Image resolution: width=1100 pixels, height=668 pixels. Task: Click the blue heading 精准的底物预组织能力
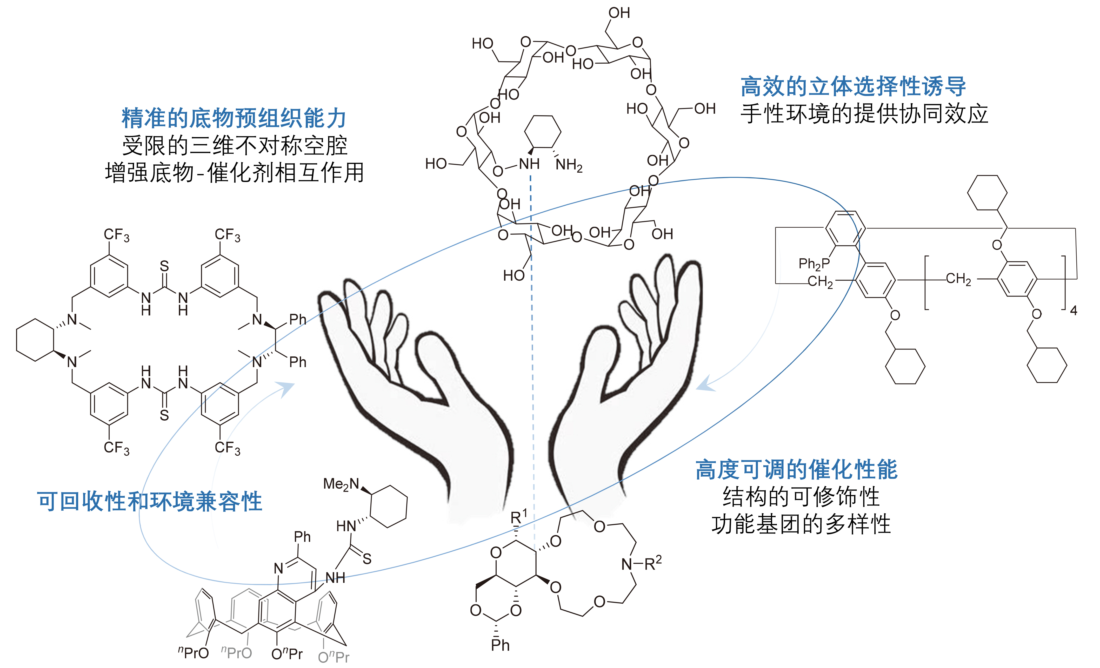(x=234, y=118)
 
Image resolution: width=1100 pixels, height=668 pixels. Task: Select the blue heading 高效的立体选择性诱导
(x=853, y=86)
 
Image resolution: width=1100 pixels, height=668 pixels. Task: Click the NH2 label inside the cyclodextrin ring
(x=569, y=165)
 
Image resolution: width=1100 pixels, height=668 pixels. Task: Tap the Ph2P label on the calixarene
(x=814, y=264)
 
